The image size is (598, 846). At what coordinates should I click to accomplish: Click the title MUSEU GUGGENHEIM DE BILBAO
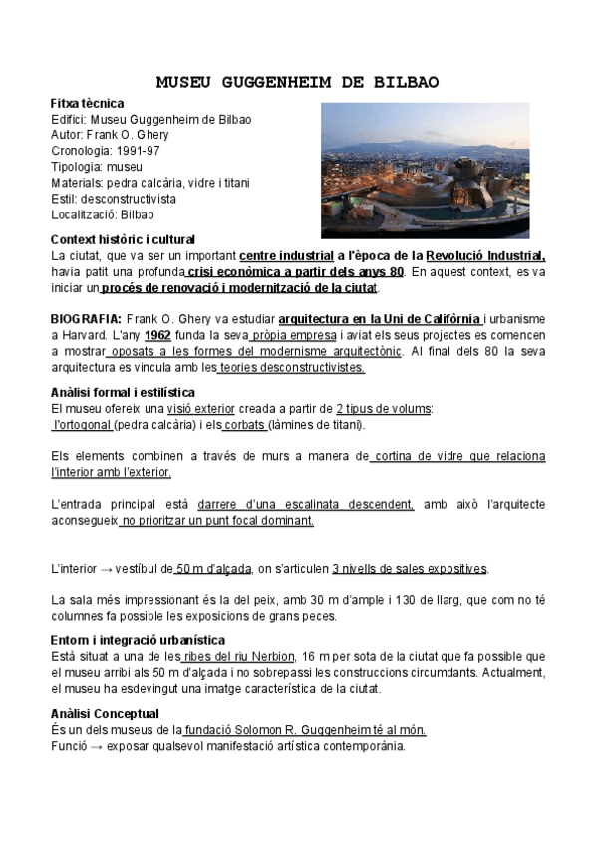[299, 82]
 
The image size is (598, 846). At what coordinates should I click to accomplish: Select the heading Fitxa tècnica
[87, 103]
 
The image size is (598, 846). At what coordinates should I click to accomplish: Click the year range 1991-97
[138, 151]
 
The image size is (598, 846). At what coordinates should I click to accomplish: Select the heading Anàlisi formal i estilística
[123, 392]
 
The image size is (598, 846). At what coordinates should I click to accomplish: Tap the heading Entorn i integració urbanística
[138, 639]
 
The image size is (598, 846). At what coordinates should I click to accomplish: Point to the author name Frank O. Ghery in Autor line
[130, 135]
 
